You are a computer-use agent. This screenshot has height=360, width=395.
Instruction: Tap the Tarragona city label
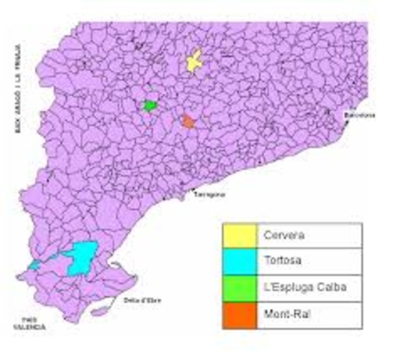click(209, 194)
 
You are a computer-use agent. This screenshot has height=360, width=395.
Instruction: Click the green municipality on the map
click(150, 106)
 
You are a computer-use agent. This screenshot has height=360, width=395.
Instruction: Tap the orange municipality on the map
click(188, 121)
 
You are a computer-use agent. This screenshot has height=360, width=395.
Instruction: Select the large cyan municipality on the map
click(82, 256)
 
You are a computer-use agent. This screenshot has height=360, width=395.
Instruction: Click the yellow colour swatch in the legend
click(239, 235)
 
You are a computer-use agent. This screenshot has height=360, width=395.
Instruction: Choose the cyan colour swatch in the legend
click(239, 261)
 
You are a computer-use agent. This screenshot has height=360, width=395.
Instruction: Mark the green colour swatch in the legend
click(239, 287)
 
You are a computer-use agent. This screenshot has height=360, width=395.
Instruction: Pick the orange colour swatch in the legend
click(239, 313)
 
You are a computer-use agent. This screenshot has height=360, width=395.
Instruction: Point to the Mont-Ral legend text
click(286, 313)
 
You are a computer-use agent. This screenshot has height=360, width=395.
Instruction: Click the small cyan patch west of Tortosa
click(34, 265)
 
